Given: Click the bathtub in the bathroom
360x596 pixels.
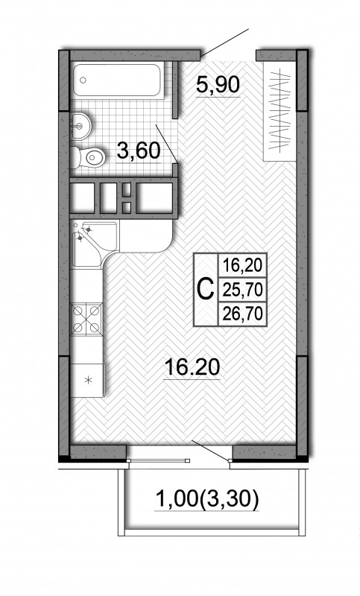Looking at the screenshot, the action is pos(117,80).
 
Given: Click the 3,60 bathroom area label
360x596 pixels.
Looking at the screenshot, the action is pos(138,150).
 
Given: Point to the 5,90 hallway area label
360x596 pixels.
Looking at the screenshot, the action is pos(218,84).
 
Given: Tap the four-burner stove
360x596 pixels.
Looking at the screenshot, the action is pos(86,319).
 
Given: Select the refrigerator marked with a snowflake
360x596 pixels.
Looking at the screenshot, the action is pos(87,380).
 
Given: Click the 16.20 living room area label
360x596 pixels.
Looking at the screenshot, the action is pos(192,367).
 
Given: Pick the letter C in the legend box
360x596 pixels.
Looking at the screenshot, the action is pos(205,290).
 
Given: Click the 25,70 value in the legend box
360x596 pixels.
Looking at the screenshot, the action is pos(242,291).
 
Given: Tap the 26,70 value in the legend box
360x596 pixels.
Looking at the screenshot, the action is pos(242,314).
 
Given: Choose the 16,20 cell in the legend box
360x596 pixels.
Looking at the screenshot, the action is pos(242,265).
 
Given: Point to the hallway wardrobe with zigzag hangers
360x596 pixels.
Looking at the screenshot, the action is pos(280,110).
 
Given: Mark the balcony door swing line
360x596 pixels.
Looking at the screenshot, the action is pos(211,451).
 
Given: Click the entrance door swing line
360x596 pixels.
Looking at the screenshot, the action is pos(224,42).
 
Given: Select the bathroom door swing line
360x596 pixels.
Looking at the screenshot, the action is pos(166,144).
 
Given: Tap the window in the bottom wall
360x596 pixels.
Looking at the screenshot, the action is pos(158,460).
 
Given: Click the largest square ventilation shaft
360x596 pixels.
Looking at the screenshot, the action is pos(154,197).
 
